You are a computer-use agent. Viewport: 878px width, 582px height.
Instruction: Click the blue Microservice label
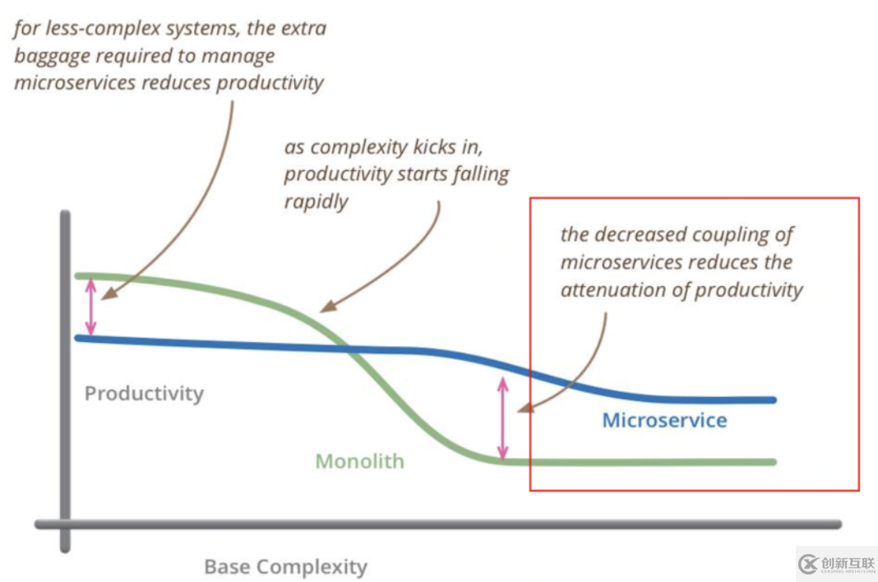coord(664,421)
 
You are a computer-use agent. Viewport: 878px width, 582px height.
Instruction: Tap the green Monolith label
coord(360,461)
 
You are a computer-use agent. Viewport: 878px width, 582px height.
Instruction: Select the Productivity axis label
coord(144,394)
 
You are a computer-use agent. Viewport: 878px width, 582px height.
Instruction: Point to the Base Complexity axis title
coord(285,566)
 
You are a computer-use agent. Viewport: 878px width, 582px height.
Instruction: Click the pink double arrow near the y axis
coord(91,307)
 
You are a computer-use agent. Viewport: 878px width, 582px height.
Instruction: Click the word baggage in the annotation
coord(51,56)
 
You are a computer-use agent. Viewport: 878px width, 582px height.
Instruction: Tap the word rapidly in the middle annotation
coord(316,201)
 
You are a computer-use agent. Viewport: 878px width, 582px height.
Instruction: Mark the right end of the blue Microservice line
coord(772,400)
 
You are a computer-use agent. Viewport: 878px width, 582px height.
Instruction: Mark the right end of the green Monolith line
coord(772,462)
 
